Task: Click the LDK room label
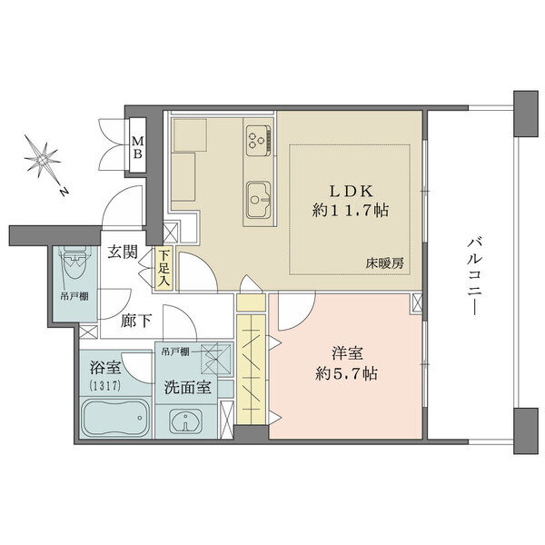tap(351, 191)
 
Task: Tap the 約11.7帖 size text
tap(351, 211)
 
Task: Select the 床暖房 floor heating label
tap(385, 263)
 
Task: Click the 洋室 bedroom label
tap(347, 353)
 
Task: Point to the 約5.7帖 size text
tap(347, 373)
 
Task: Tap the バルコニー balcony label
tap(474, 276)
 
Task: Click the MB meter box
tap(138, 145)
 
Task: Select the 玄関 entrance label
tap(123, 252)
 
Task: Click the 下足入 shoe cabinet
tap(164, 268)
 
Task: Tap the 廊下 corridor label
tap(136, 321)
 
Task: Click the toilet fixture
tap(74, 263)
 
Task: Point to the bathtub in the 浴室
tap(115, 418)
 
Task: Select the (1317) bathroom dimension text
tap(105, 386)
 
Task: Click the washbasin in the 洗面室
tap(186, 421)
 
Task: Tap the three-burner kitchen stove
tap(259, 141)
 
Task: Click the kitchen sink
tap(259, 200)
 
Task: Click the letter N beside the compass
tap(63, 191)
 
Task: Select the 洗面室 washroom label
tap(187, 387)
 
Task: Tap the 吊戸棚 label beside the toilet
tap(74, 296)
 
